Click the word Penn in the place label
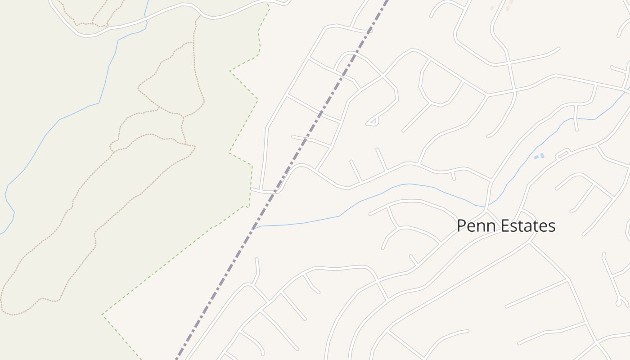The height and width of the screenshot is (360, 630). [x=475, y=226]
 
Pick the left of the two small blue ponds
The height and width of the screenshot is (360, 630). [x=536, y=157]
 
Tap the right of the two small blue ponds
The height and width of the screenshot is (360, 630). [x=542, y=156]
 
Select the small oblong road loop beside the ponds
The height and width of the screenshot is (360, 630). [x=563, y=154]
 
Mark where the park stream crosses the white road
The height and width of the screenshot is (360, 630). [x=146, y=18]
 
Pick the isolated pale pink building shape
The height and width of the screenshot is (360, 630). [x=492, y=8]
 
